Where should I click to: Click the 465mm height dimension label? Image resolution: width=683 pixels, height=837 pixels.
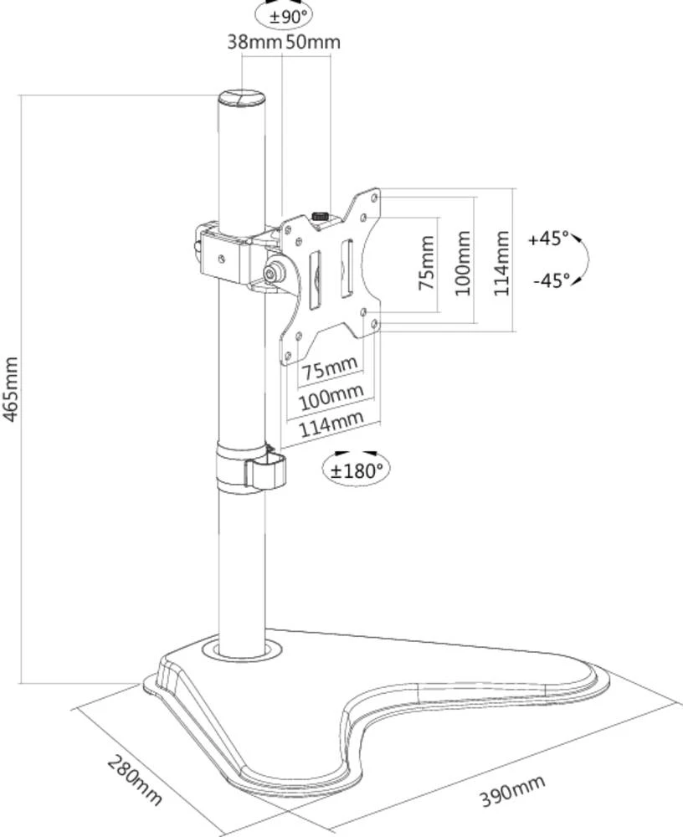click(11, 390)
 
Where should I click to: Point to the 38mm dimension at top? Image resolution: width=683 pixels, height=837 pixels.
click(254, 42)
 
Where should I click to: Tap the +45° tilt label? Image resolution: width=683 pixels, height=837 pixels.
click(548, 239)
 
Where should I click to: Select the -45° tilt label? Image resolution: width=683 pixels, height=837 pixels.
click(550, 280)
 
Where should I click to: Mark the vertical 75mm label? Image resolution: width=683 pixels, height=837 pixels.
click(427, 262)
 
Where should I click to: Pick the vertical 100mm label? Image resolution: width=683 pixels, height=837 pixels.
click(462, 261)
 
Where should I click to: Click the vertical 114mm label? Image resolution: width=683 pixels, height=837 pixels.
click(501, 261)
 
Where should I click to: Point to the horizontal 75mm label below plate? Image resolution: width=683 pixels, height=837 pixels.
click(330, 369)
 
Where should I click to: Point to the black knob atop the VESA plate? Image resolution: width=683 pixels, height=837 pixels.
click(320, 218)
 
